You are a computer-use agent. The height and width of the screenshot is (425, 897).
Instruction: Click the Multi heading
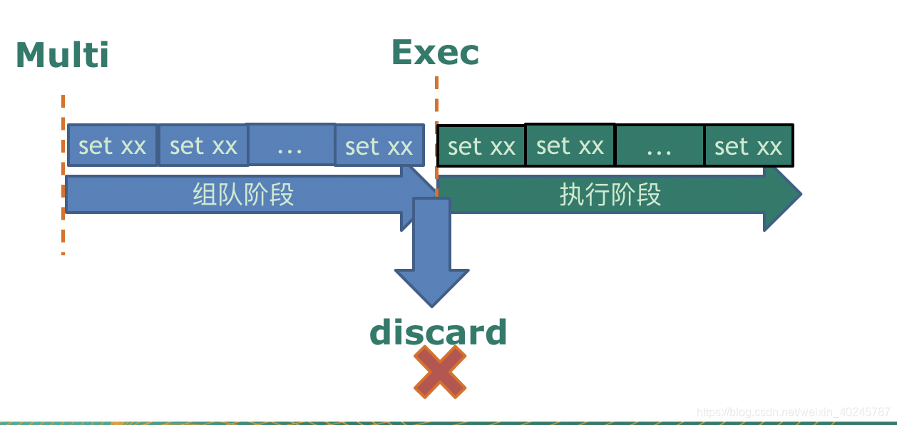pyautogui.click(x=62, y=55)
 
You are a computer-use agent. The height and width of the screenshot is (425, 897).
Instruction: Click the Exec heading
pyautogui.click(x=435, y=52)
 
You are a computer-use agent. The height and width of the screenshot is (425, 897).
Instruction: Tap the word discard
pyautogui.click(x=438, y=332)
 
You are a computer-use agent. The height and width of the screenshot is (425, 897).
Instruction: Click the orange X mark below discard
pyautogui.click(x=440, y=372)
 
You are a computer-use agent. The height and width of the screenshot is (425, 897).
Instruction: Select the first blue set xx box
pyautogui.click(x=112, y=145)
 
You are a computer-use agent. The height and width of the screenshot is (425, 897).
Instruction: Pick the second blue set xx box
pyautogui.click(x=203, y=145)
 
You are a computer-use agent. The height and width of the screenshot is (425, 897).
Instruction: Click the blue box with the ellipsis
pyautogui.click(x=291, y=145)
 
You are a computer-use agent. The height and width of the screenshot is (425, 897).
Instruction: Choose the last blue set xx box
pyautogui.click(x=379, y=146)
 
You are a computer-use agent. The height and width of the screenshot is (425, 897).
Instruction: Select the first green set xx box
pyautogui.click(x=481, y=146)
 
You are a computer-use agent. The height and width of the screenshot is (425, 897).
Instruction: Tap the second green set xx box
pyautogui.click(x=570, y=145)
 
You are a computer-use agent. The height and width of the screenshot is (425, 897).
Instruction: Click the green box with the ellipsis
pyautogui.click(x=659, y=146)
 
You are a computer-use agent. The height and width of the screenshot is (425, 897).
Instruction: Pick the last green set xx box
pyautogui.click(x=748, y=146)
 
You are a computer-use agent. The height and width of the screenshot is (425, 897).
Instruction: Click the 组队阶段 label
pyautogui.click(x=243, y=194)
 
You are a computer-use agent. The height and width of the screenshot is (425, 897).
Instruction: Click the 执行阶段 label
pyautogui.click(x=610, y=194)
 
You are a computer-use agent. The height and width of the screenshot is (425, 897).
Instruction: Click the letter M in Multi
pyautogui.click(x=30, y=55)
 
